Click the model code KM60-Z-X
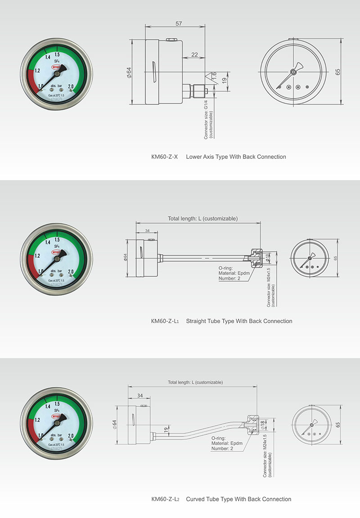point(165,157)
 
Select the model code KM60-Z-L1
point(165,321)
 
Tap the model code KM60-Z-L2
point(165,499)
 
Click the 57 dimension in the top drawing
point(178,23)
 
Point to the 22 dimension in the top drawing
point(194,54)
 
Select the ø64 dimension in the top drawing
point(129,73)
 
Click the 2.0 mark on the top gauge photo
point(71,86)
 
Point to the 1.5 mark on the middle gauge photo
point(58,240)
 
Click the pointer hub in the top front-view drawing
point(293,72)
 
